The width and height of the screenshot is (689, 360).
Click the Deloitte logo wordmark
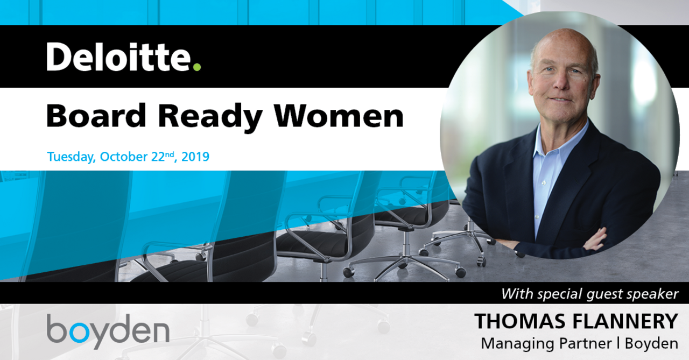click(123, 57)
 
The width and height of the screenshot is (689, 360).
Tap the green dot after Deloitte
click(197, 67)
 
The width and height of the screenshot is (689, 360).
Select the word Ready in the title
click(210, 118)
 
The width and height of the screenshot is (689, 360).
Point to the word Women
click(339, 116)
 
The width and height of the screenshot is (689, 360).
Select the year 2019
click(195, 157)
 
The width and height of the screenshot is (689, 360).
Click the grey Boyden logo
click(108, 330)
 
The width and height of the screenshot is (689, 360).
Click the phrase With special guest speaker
click(589, 294)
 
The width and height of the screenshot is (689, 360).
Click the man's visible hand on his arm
click(595, 239)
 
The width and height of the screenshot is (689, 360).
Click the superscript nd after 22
click(170, 154)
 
